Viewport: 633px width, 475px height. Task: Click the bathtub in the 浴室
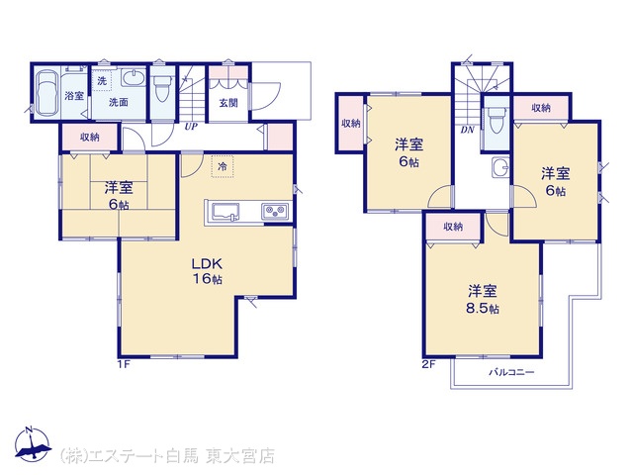tap(46, 95)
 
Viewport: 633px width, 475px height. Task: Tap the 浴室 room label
tap(74, 96)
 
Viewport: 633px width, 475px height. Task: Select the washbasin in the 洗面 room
tap(134, 77)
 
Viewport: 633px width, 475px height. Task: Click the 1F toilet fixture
tap(162, 88)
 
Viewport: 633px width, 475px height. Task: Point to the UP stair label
tap(191, 127)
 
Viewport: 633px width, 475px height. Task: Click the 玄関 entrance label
tap(228, 103)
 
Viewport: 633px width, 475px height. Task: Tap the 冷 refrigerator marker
tap(222, 166)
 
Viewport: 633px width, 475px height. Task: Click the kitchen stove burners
tap(275, 211)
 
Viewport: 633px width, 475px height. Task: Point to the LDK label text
tap(207, 264)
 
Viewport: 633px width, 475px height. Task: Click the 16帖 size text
tap(207, 279)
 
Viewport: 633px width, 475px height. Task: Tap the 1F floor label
tap(123, 364)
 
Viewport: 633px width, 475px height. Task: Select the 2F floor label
tap(428, 364)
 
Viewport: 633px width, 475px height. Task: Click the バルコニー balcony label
tap(511, 372)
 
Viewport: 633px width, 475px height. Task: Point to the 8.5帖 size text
tap(483, 309)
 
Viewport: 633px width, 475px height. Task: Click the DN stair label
tap(468, 130)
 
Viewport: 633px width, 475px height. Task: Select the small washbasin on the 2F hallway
tap(500, 167)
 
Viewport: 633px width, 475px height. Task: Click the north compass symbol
tap(33, 444)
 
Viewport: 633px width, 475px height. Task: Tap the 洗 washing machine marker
tap(102, 81)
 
